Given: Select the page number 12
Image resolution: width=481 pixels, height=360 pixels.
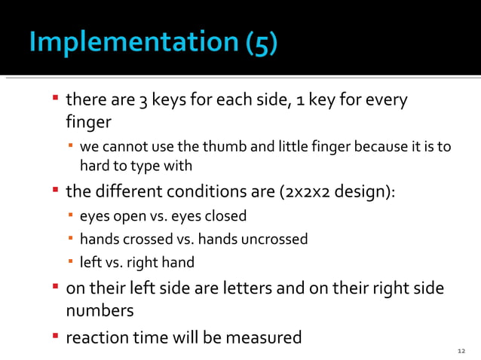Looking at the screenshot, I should pyautogui.click(x=462, y=351).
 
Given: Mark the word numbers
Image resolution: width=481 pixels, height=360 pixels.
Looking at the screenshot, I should pyautogui.click(x=100, y=310).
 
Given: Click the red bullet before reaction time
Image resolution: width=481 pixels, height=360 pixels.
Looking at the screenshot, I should pyautogui.click(x=55, y=335).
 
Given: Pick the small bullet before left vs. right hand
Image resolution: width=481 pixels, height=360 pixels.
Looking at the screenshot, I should pyautogui.click(x=70, y=261).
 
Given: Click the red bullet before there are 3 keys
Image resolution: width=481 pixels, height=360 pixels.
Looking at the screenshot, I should pyautogui.click(x=55, y=99).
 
